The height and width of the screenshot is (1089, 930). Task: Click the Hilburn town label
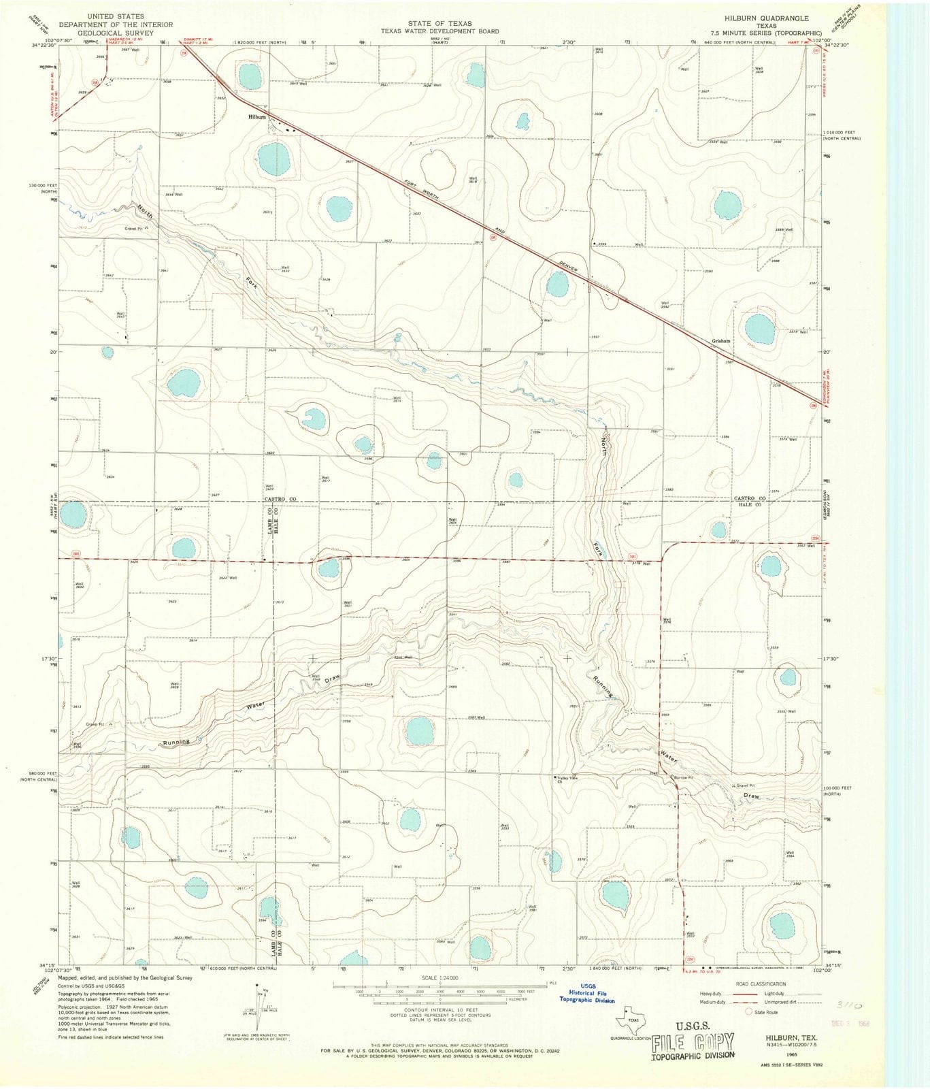(257, 117)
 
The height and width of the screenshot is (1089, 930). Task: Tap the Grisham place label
(721, 341)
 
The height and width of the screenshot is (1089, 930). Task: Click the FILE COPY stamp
(693, 1042)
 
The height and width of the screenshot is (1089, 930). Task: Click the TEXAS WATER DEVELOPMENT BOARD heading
(439, 31)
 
